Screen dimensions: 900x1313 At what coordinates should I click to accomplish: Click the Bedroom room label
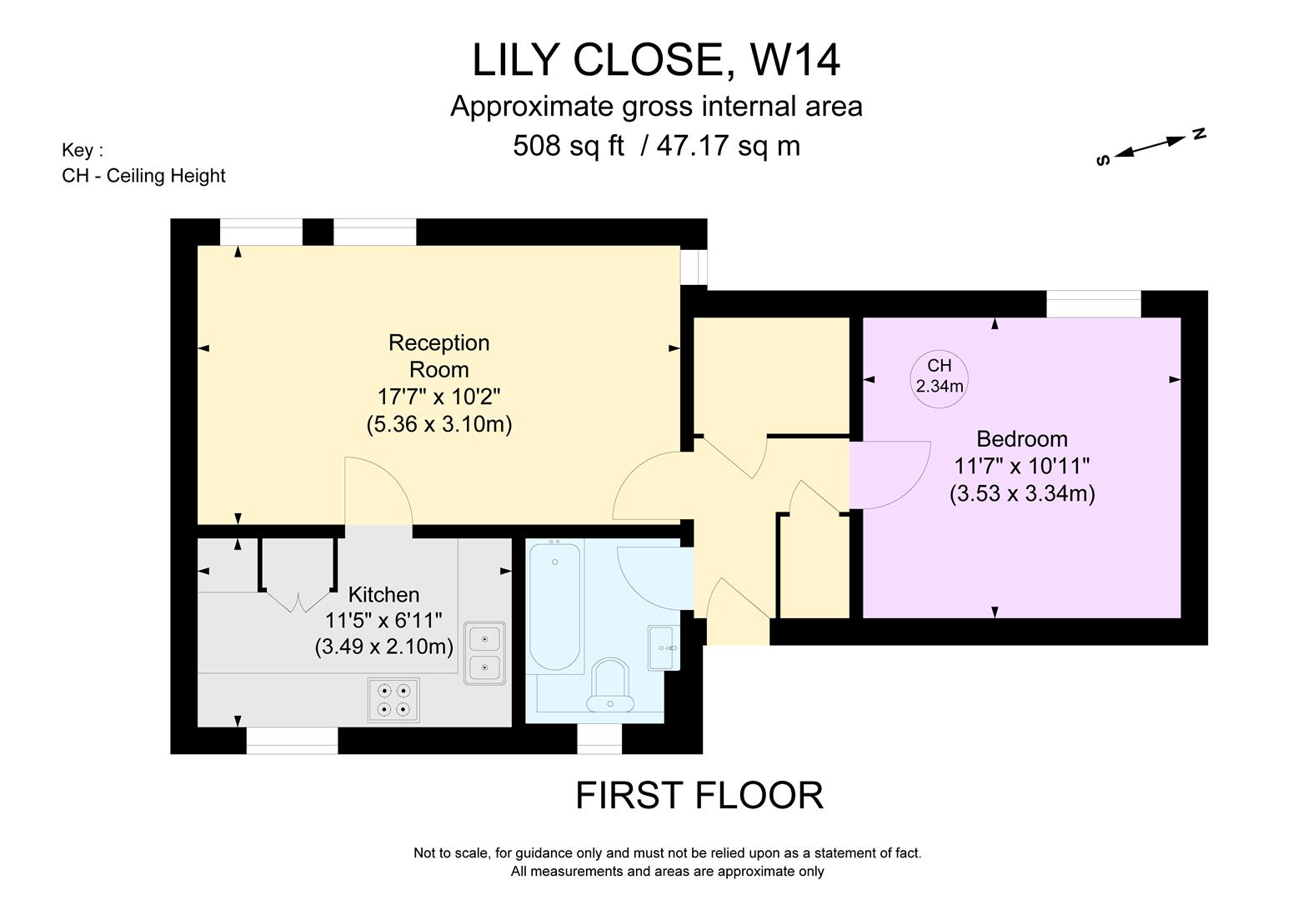(x=1021, y=439)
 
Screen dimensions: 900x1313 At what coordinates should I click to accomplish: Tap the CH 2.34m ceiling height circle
(x=940, y=376)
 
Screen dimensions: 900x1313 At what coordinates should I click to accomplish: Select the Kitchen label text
(x=383, y=595)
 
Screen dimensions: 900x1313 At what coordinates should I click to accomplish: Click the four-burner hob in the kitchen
(x=393, y=700)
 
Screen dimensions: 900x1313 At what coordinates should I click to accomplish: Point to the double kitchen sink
(x=484, y=653)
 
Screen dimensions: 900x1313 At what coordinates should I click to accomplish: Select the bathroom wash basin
(x=664, y=647)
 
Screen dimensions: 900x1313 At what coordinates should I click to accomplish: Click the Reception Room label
(x=439, y=356)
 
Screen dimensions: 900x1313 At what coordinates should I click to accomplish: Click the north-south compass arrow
(x=1150, y=147)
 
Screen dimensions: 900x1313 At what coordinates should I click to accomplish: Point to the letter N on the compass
(x=1199, y=133)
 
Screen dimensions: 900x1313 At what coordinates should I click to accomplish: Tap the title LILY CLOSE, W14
(x=656, y=60)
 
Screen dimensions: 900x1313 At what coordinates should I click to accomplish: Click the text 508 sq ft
(x=568, y=146)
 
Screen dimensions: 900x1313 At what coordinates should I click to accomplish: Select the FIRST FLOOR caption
(x=699, y=796)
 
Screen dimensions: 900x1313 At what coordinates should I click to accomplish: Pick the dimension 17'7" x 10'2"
(x=439, y=396)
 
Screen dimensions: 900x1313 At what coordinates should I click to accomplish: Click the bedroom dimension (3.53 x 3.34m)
(x=1021, y=493)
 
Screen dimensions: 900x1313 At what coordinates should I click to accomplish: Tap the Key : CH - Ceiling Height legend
(x=143, y=163)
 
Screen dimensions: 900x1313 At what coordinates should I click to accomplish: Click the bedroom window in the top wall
(x=1093, y=304)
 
